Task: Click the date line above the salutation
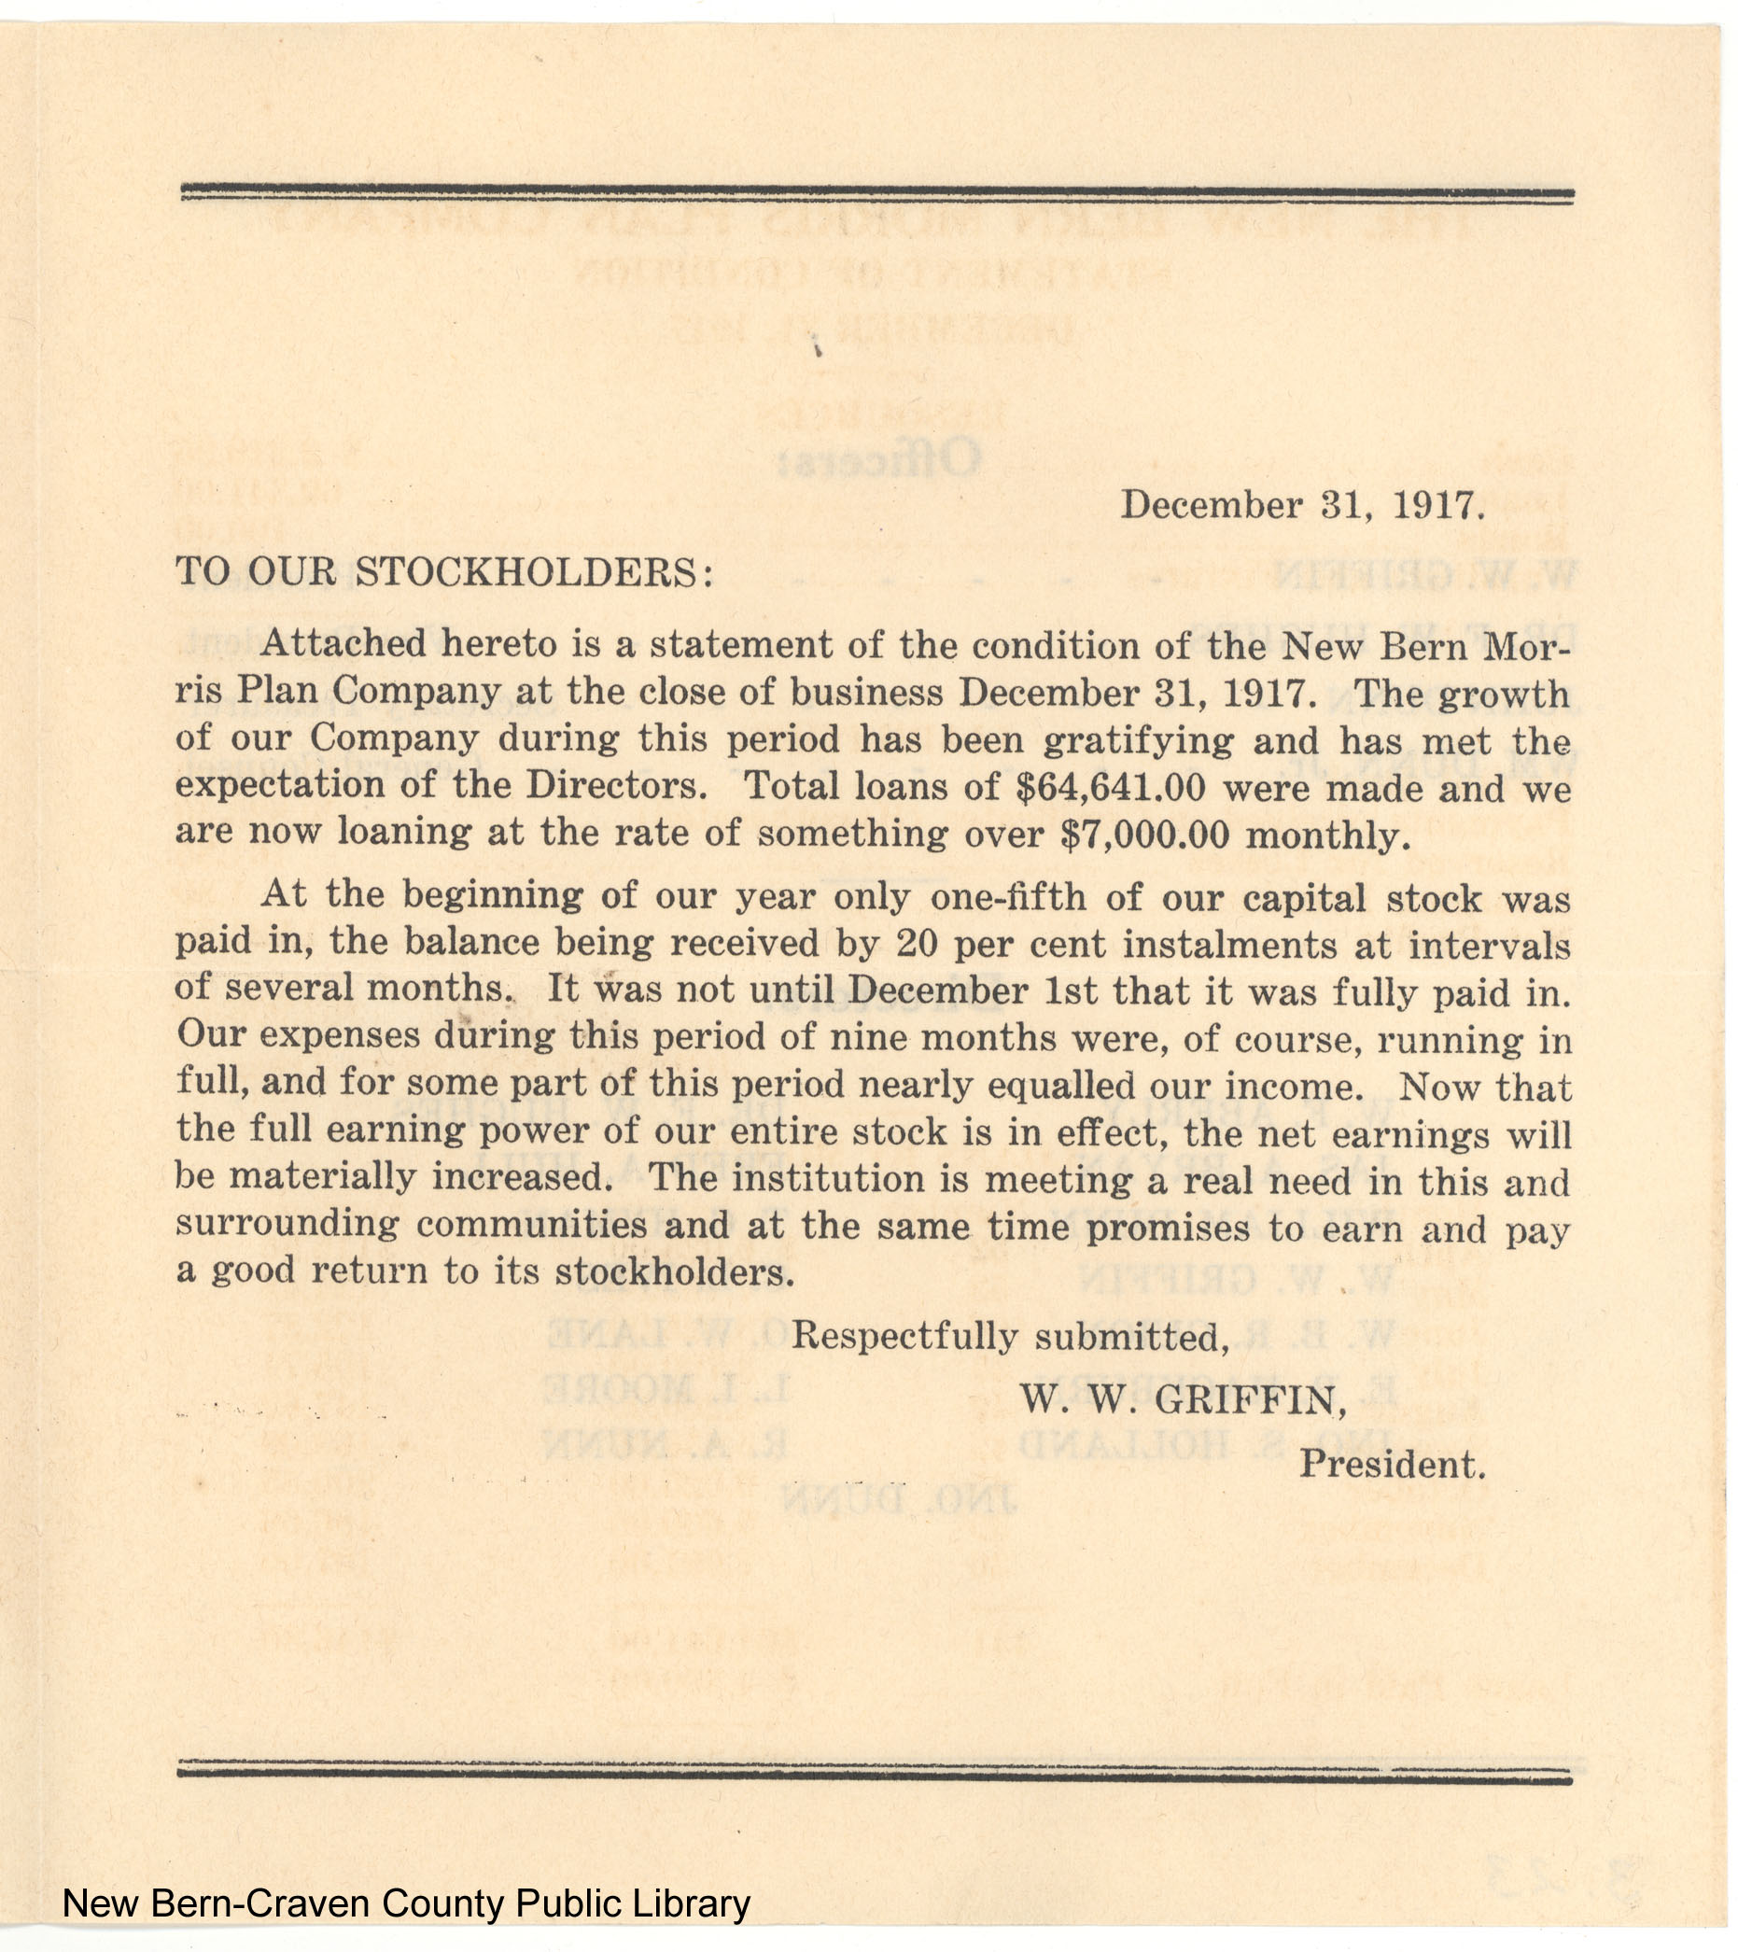click(1302, 505)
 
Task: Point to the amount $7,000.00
click(1145, 835)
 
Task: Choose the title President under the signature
click(1392, 1464)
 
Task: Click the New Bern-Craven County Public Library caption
click(406, 1904)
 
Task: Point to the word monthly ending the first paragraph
click(1327, 836)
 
